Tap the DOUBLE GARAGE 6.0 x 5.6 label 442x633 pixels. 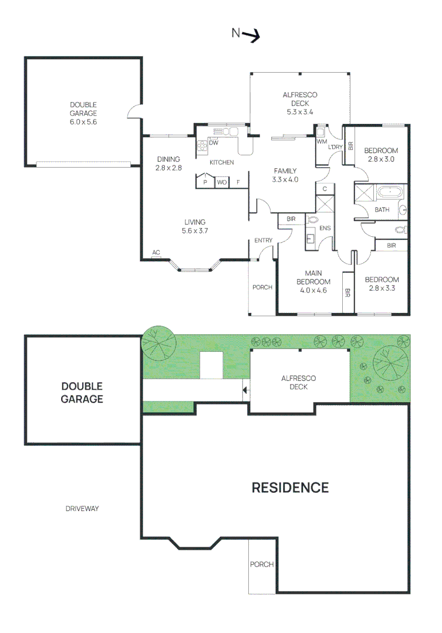coord(83,114)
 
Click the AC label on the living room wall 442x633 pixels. coord(156,253)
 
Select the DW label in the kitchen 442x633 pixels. coord(214,143)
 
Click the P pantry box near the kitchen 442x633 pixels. coord(205,182)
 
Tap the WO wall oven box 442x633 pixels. coord(222,182)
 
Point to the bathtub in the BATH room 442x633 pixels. coord(389,192)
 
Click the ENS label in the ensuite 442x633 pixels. coord(325,227)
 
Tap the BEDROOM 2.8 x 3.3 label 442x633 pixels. coord(382,284)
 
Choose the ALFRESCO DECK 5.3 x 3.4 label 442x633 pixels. coord(299,103)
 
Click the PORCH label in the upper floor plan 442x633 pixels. coord(262,287)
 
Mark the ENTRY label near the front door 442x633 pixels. coord(263,241)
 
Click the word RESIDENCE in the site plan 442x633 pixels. coord(290,487)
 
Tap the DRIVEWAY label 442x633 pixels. coord(82,509)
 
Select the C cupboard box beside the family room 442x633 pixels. coord(325,189)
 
